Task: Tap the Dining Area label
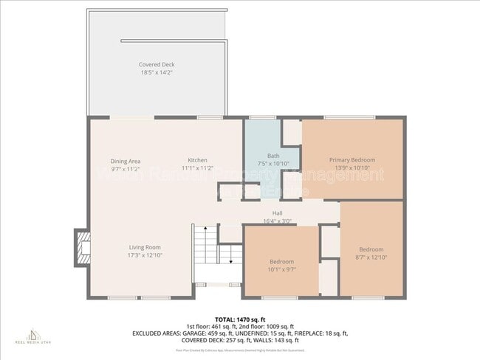tap(125, 161)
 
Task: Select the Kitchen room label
tap(197, 160)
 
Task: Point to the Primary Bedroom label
tap(352, 160)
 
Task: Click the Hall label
tap(277, 213)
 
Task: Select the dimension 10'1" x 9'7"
tap(281, 269)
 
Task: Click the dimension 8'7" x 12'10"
tap(371, 257)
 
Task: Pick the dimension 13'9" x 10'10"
tap(352, 167)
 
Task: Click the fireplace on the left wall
tap(82, 249)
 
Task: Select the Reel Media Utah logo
tap(30, 336)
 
